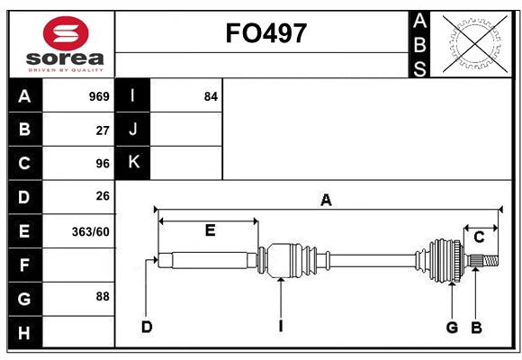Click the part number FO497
tap(265, 33)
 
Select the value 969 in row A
tap(98, 96)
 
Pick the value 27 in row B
tap(102, 130)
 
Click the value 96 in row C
tap(102, 163)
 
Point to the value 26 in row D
tap(102, 196)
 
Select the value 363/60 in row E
tap(90, 231)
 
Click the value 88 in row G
tap(102, 296)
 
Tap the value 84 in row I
tap(211, 96)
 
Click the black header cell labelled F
tap(24, 265)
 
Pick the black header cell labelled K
tap(133, 163)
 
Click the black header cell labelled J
tap(133, 130)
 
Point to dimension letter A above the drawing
tap(326, 201)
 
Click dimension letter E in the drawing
tap(209, 230)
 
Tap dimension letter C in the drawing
tap(479, 237)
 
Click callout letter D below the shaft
tap(146, 326)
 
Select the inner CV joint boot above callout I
tap(289, 259)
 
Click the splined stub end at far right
tap(486, 261)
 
